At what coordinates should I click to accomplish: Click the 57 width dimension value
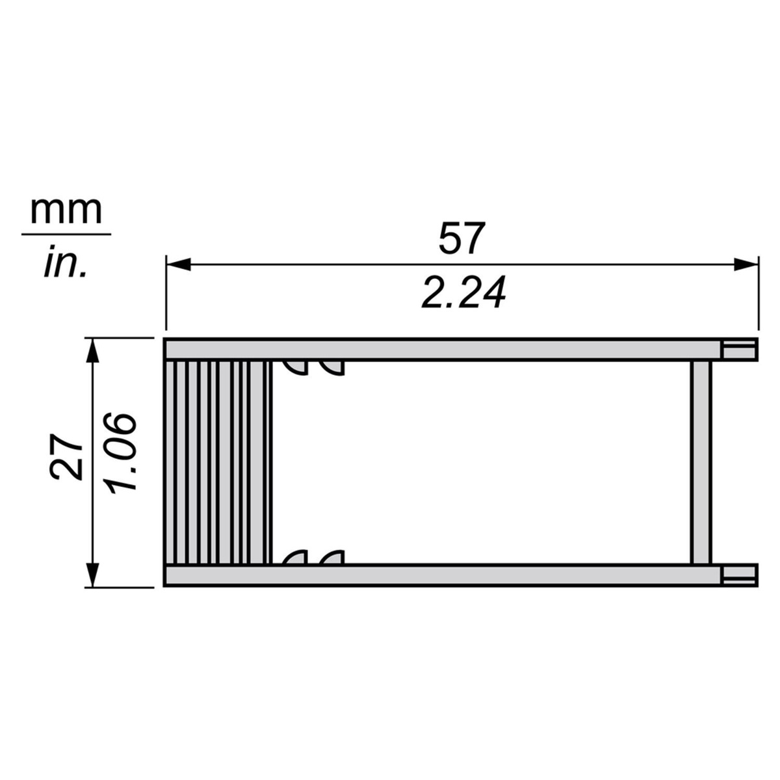(462, 238)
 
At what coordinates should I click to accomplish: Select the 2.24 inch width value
(464, 292)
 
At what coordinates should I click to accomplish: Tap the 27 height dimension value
(66, 457)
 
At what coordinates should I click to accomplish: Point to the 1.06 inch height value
(120, 452)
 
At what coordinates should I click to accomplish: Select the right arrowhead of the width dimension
(746, 265)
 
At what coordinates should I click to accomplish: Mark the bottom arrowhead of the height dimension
(93, 574)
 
